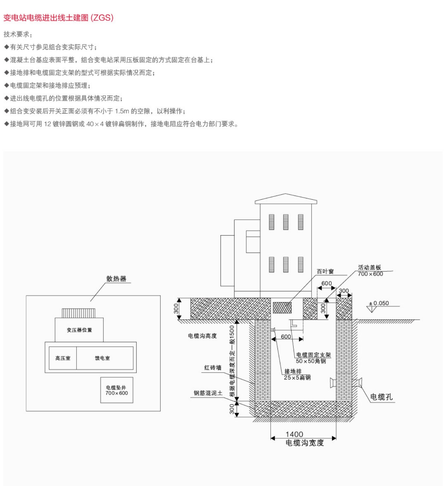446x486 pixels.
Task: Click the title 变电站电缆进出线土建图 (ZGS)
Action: click(x=58, y=18)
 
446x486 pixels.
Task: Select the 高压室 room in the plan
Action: click(x=63, y=358)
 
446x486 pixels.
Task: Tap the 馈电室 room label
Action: click(x=103, y=358)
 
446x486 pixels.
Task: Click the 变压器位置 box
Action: click(x=79, y=330)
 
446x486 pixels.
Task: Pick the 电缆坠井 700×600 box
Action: click(x=116, y=390)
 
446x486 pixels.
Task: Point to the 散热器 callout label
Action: click(x=116, y=279)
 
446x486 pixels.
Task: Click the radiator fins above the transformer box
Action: click(x=79, y=313)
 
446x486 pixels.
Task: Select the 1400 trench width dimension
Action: click(x=294, y=434)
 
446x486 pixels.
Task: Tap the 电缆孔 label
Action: click(x=381, y=397)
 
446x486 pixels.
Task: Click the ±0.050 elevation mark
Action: click(x=379, y=303)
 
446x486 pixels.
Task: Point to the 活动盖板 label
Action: click(x=369, y=267)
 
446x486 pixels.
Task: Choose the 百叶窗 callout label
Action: click(x=325, y=272)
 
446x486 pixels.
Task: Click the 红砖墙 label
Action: click(x=213, y=368)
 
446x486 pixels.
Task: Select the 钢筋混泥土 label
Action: click(x=208, y=393)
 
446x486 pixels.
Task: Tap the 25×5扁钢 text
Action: click(x=297, y=378)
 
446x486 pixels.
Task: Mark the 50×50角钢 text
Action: click(x=311, y=361)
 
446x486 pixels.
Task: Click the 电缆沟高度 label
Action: click(x=202, y=336)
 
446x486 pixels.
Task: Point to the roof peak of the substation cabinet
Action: click(x=286, y=194)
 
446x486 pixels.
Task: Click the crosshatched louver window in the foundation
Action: click(x=282, y=308)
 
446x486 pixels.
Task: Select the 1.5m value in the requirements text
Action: click(x=122, y=111)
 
